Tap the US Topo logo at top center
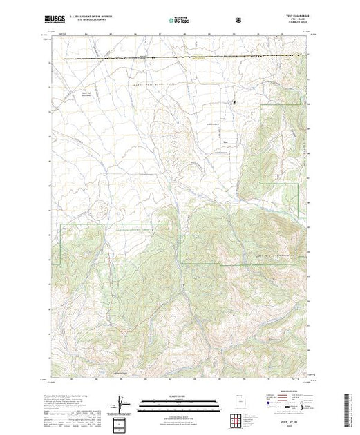point(179,21)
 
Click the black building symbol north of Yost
point(234,104)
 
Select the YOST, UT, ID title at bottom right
point(294,420)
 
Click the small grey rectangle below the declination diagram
point(122,423)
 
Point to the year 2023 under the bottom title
point(294,425)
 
